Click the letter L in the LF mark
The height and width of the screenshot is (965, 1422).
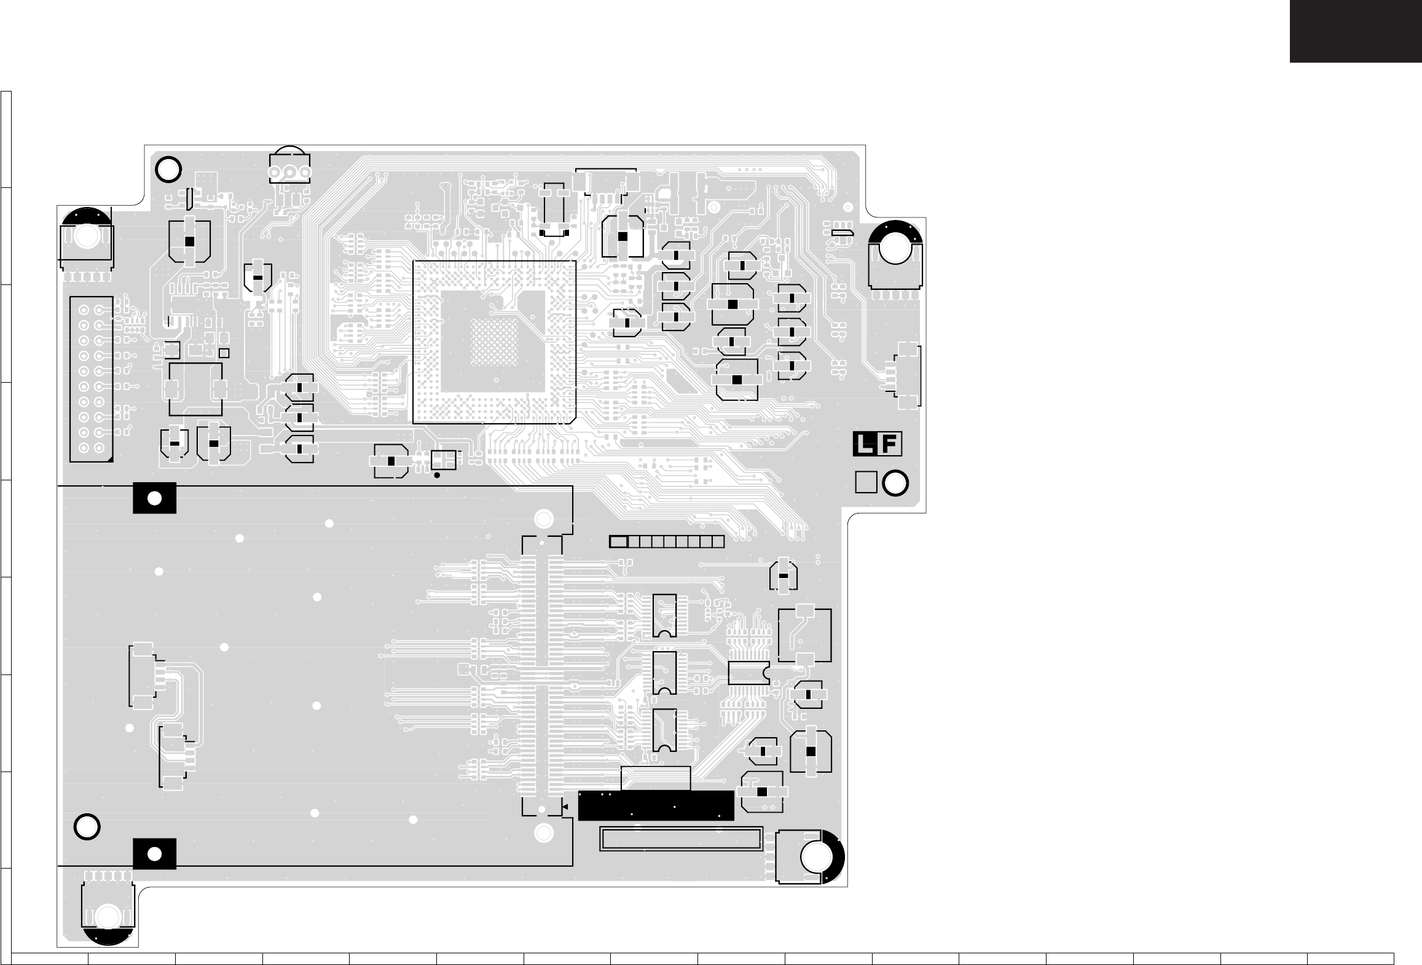(x=865, y=444)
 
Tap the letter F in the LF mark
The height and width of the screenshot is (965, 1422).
(x=890, y=444)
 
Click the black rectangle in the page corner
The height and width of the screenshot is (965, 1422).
(x=1355, y=31)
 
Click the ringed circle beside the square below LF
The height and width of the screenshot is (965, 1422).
(x=895, y=482)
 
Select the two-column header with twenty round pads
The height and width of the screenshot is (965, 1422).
(x=91, y=379)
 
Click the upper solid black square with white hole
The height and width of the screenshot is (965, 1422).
(x=154, y=498)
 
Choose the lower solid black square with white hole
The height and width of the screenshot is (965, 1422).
(x=154, y=854)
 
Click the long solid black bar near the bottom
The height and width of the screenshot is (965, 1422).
(x=656, y=805)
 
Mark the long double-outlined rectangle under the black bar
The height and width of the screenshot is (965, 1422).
(x=681, y=838)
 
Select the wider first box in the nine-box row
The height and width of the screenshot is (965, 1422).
(x=618, y=542)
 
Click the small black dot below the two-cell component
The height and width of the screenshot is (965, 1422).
(x=437, y=475)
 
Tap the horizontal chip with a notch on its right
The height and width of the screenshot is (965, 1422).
(x=748, y=673)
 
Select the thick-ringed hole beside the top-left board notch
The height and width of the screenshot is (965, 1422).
(x=168, y=170)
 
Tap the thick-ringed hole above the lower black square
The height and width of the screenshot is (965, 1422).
(x=87, y=827)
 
